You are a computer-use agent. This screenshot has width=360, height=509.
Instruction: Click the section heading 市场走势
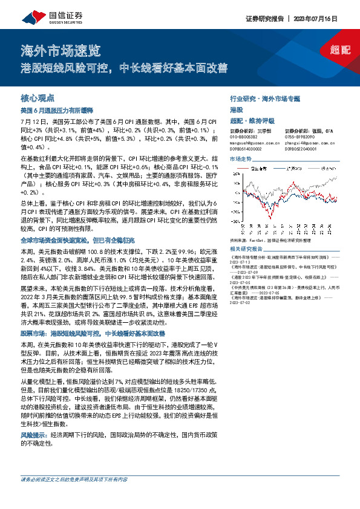coord(240,158)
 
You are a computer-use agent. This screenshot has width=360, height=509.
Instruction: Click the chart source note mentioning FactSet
coord(272,241)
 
